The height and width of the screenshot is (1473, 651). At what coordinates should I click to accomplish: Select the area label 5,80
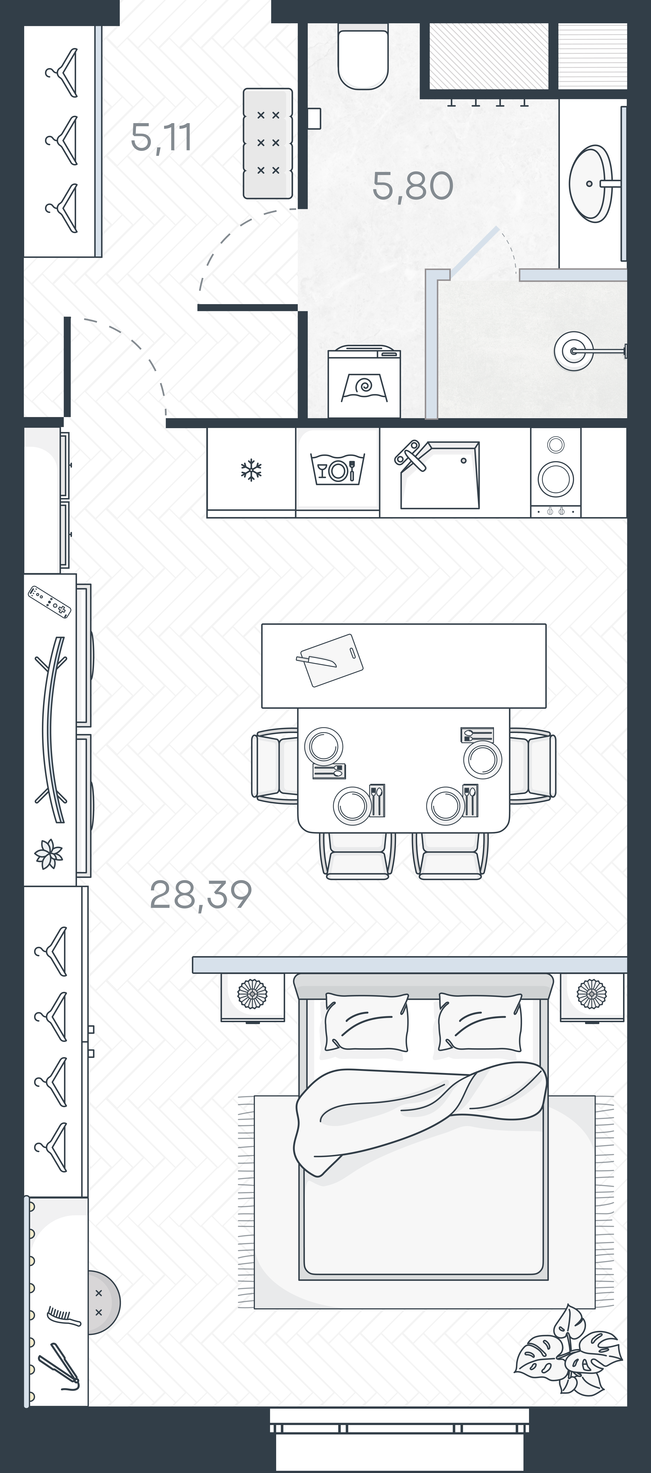[x=413, y=186]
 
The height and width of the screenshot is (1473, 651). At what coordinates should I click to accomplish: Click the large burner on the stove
[x=556, y=477]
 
